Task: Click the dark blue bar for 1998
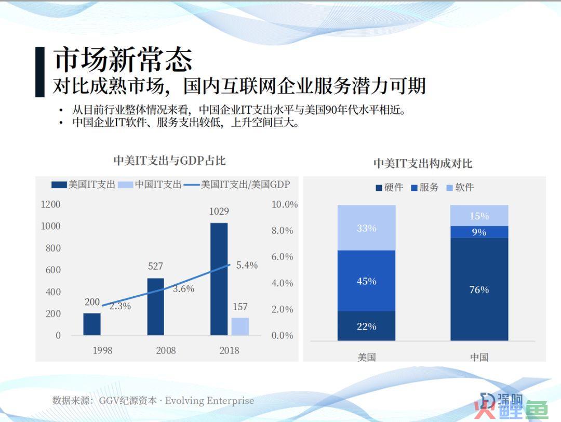(x=92, y=324)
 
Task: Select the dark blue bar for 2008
(x=156, y=307)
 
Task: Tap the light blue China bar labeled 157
(x=240, y=326)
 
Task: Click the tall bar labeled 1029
(x=219, y=279)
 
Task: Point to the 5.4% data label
(x=247, y=265)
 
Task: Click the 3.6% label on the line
(x=183, y=288)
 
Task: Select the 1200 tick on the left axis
(x=51, y=204)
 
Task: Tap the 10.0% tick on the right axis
(x=285, y=204)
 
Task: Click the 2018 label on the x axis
(x=230, y=350)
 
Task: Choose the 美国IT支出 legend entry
(x=83, y=184)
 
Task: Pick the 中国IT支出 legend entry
(x=150, y=184)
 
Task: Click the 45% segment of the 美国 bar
(x=366, y=281)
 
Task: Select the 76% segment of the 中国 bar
(x=479, y=289)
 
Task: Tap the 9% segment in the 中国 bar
(x=479, y=232)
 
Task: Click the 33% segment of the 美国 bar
(x=366, y=228)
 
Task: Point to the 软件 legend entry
(x=460, y=187)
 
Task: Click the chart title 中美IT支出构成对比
(x=423, y=164)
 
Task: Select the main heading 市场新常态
(x=123, y=59)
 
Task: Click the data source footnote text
(x=153, y=401)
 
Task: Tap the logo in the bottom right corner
(x=512, y=405)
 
